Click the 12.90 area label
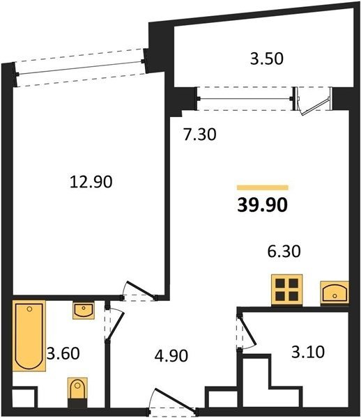91,183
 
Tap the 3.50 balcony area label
267,59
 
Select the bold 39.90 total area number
262,206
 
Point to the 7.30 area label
200,134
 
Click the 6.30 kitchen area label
284,251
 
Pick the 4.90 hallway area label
171,355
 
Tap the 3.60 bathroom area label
63,353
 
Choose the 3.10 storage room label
308,352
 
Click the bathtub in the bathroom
29,336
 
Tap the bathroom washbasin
84,310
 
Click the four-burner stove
287,290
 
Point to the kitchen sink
335,293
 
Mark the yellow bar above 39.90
263,187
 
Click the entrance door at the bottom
173,399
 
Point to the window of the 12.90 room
80,68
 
